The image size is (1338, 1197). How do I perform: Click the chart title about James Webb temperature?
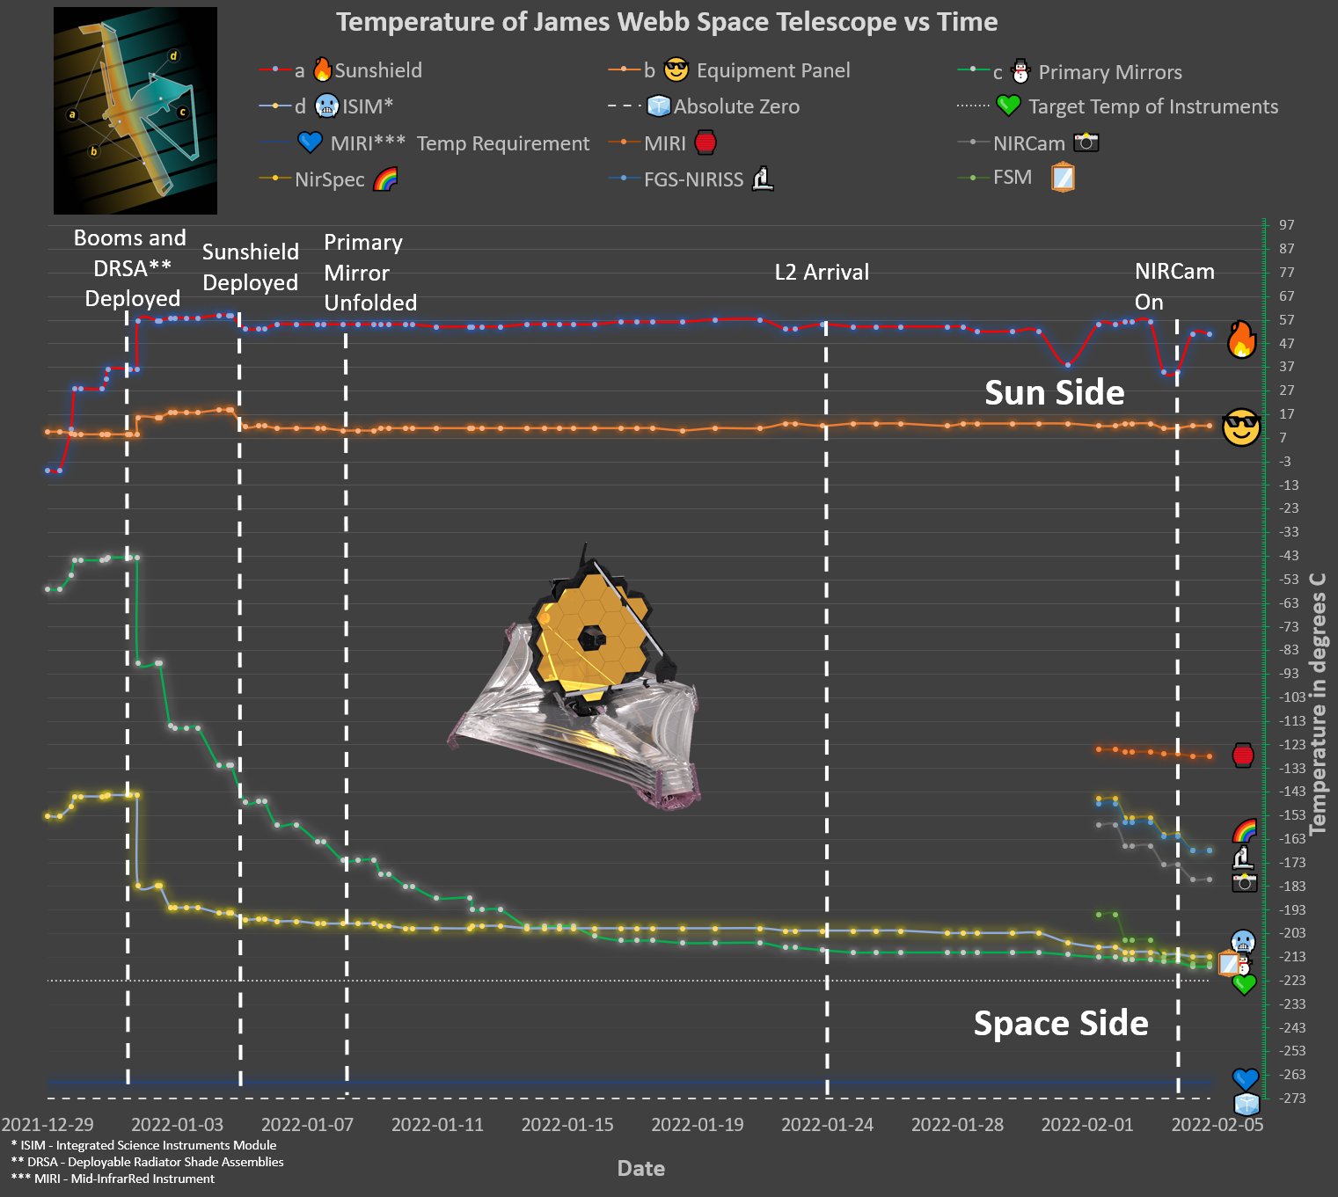(667, 22)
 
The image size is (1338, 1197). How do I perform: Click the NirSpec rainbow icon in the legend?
(385, 179)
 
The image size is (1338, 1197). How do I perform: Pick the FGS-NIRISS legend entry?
(693, 179)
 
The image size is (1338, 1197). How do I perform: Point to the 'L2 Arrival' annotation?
(822, 272)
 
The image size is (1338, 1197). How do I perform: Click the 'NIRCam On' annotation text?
(1173, 286)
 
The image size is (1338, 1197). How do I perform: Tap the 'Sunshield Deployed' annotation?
(251, 266)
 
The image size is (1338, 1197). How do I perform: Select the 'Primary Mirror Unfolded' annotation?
(369, 272)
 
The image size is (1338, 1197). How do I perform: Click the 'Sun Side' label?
(1054, 392)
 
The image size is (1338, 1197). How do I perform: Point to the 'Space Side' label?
(1060, 1023)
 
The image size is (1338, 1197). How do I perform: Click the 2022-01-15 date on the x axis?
(567, 1125)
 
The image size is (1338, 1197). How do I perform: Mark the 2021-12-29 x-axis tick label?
(48, 1125)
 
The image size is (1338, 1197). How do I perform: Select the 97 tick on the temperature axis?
(1286, 225)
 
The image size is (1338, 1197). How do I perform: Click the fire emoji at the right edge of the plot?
(1241, 339)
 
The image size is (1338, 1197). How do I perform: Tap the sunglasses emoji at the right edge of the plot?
(1241, 428)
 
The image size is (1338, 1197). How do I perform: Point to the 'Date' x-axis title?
(640, 1168)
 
